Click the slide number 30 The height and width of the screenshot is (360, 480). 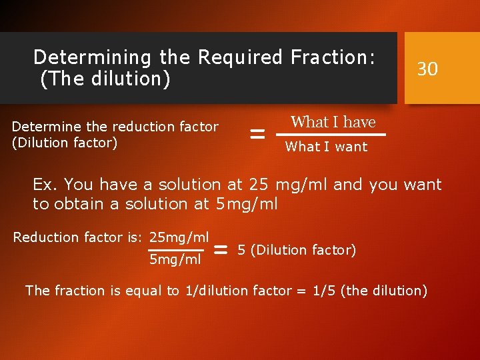[x=427, y=68]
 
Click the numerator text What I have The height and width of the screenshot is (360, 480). [x=333, y=122]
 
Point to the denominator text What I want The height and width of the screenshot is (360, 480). [x=326, y=147]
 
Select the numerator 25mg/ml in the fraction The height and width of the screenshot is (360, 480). [x=179, y=237]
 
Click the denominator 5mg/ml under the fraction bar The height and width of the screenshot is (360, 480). [x=175, y=259]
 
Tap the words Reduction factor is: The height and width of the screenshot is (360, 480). [x=79, y=237]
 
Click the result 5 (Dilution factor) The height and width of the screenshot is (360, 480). [x=297, y=250]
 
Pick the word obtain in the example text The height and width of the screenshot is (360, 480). [x=73, y=203]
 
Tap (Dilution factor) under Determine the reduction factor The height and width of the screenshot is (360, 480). [x=65, y=142]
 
